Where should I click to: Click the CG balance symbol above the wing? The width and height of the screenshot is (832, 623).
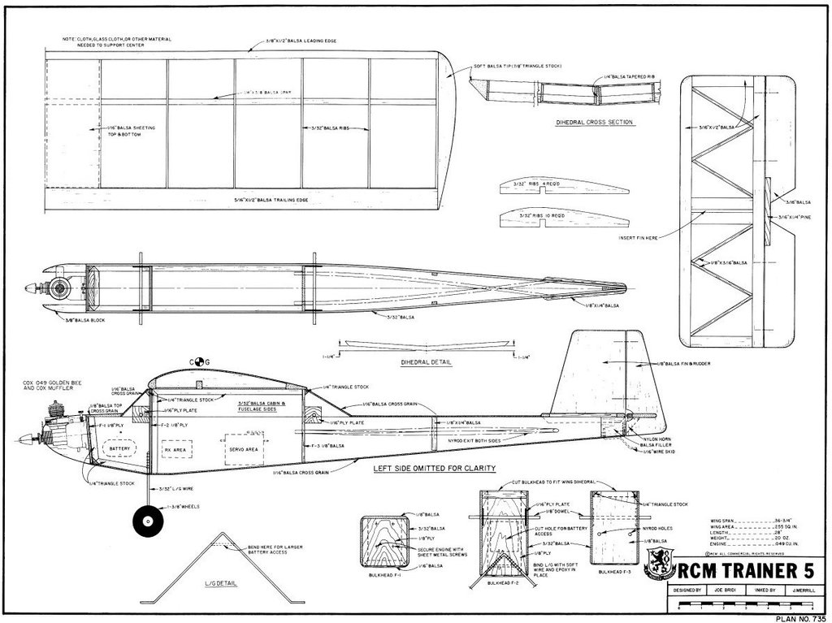coord(200,361)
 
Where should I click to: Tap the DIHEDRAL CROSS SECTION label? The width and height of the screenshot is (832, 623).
coord(594,123)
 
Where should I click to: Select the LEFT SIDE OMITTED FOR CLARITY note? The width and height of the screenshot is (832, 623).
coord(434,469)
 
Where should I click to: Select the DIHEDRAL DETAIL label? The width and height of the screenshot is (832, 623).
coord(427,362)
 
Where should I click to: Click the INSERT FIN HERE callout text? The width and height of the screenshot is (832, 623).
coord(638,237)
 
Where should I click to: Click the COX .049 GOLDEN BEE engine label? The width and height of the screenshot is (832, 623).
coord(49,385)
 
